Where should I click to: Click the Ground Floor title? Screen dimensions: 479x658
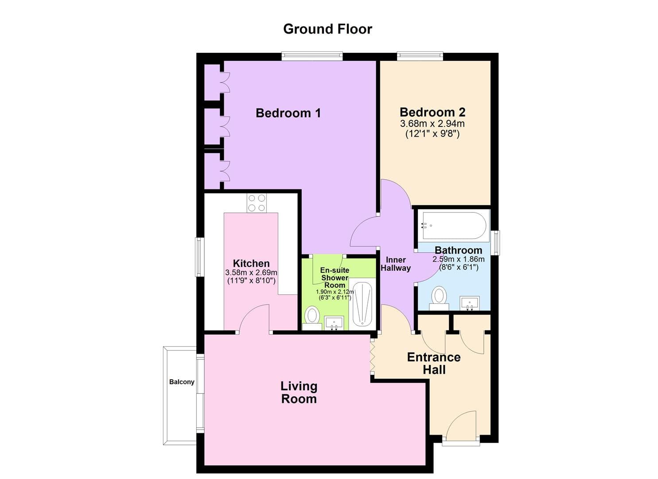(x=327, y=29)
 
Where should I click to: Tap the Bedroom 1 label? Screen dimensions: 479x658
(x=288, y=113)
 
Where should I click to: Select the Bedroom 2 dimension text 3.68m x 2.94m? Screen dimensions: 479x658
(x=432, y=124)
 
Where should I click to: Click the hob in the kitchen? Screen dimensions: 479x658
(x=257, y=203)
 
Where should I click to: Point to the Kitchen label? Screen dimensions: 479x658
(x=251, y=263)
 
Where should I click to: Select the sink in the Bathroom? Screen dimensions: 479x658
(x=469, y=303)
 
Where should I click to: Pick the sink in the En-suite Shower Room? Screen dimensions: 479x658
(x=335, y=322)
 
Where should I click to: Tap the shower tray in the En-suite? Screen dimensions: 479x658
(x=362, y=304)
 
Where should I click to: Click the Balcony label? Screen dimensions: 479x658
(x=182, y=382)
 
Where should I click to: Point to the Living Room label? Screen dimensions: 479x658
(x=299, y=393)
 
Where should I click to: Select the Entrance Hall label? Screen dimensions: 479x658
(x=434, y=363)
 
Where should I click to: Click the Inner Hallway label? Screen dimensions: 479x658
(x=396, y=264)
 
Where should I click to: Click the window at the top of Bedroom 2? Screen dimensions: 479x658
(x=420, y=56)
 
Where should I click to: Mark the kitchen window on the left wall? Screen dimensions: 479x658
(x=200, y=257)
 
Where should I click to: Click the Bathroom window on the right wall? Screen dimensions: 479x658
(x=496, y=243)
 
